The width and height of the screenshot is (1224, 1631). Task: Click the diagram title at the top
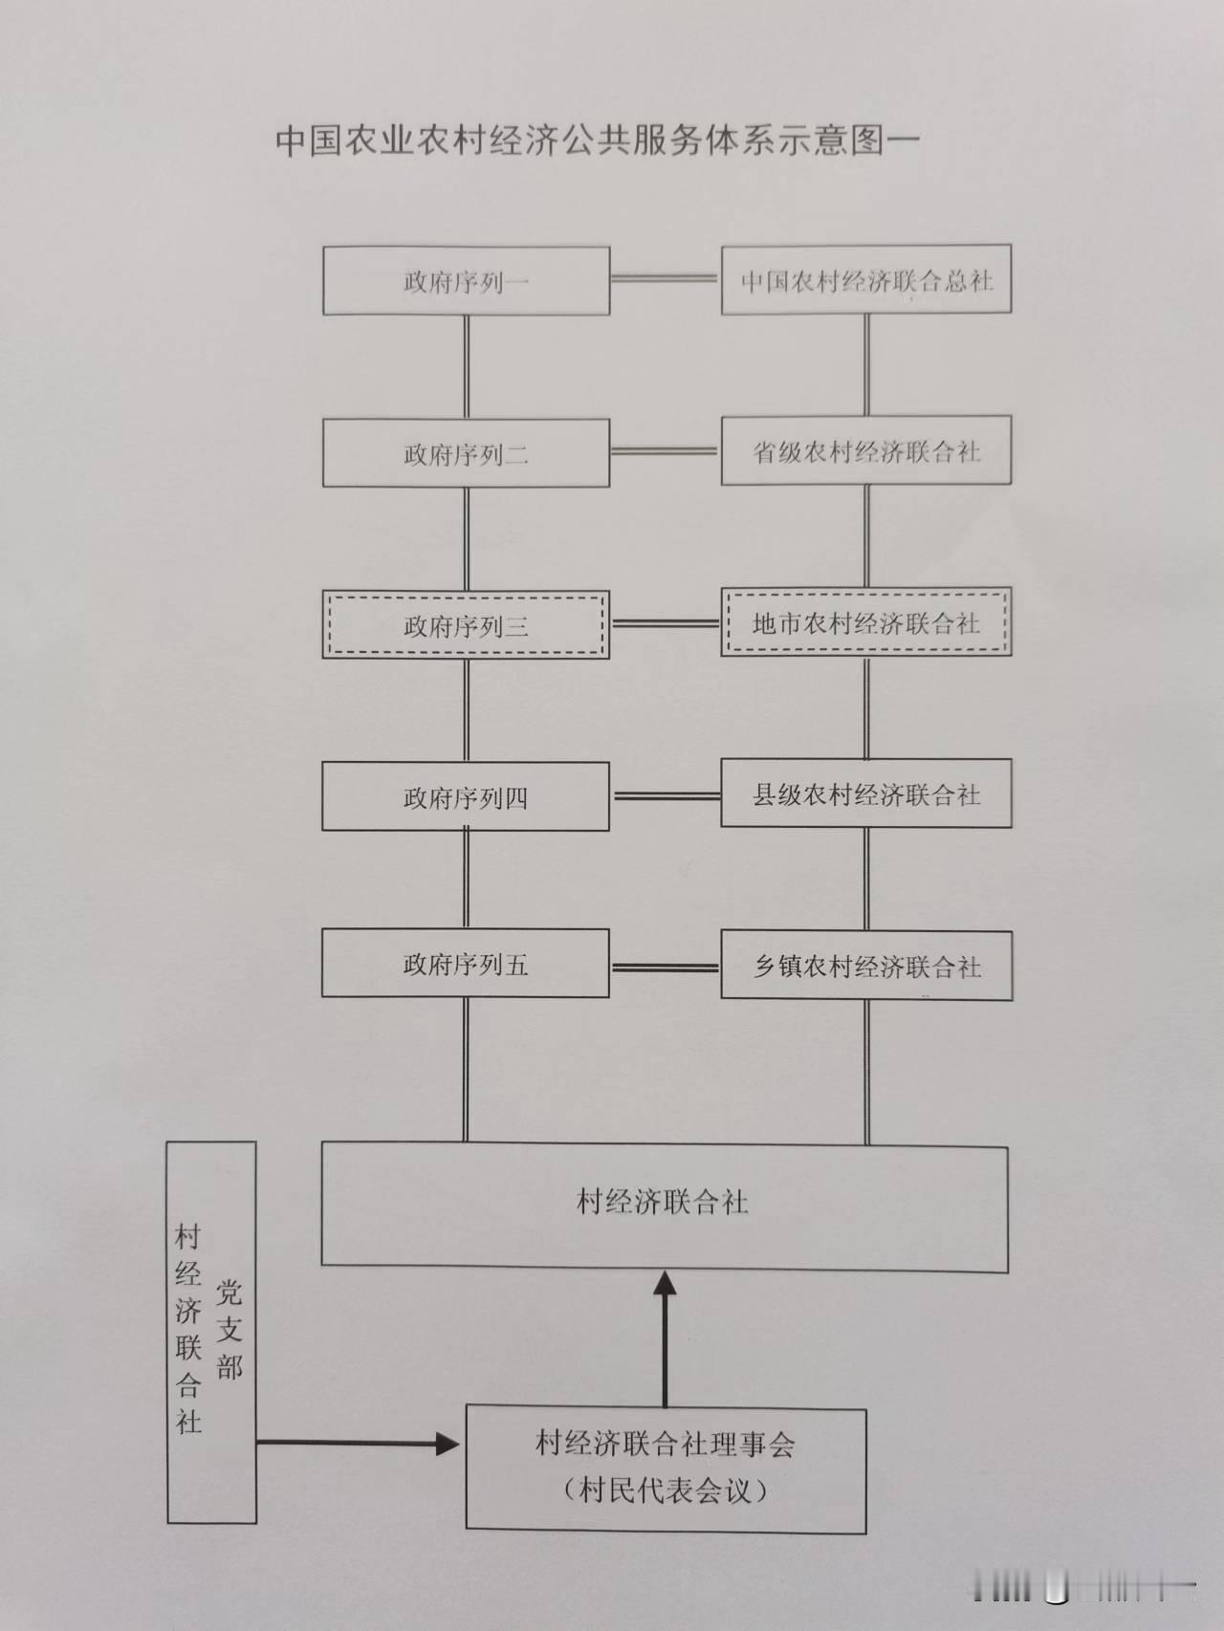click(x=597, y=140)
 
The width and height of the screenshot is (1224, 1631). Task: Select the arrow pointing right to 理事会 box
click(x=359, y=1443)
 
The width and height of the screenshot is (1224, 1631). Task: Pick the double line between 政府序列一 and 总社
click(x=665, y=279)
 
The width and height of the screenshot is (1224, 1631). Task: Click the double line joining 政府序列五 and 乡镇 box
click(x=665, y=968)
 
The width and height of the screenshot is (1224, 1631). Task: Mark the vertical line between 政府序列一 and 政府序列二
click(x=467, y=367)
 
